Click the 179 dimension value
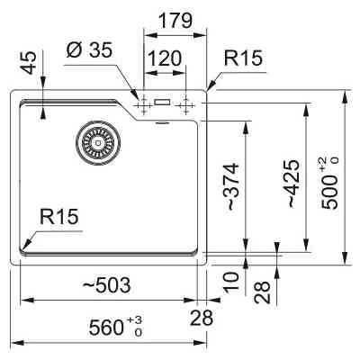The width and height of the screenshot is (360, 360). coord(175,21)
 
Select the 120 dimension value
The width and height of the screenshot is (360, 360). coord(165,58)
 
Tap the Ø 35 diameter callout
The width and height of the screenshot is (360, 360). coord(89,49)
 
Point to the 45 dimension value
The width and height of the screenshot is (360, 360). coord(30,63)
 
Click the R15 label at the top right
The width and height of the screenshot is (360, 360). coord(243,58)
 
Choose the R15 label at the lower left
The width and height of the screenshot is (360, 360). coord(58,217)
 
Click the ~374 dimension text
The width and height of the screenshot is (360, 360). coord(232,186)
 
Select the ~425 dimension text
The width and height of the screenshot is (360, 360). coord(292,184)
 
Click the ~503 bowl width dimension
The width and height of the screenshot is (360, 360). coord(106,284)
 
